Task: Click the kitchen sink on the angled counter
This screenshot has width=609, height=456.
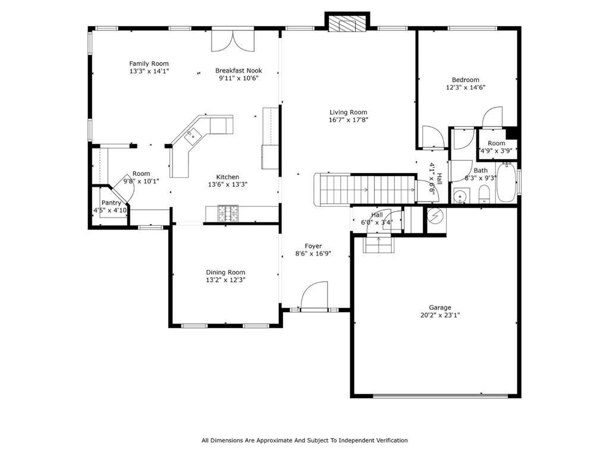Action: (192, 136)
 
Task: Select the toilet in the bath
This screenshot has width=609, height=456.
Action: (484, 194)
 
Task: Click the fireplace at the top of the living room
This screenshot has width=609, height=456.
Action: (347, 23)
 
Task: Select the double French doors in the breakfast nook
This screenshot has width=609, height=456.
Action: (233, 41)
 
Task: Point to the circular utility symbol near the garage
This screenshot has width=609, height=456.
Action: (435, 216)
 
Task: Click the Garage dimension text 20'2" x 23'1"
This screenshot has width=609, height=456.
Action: (440, 316)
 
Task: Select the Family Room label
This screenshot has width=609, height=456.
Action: (149, 64)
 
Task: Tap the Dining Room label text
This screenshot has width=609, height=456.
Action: (225, 272)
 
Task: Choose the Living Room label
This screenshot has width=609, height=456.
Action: (349, 112)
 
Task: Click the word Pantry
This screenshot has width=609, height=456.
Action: (111, 203)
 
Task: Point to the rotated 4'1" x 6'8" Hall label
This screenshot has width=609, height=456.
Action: (435, 180)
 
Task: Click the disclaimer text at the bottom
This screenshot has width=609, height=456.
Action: (304, 441)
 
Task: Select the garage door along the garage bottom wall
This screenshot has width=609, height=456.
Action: (440, 395)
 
